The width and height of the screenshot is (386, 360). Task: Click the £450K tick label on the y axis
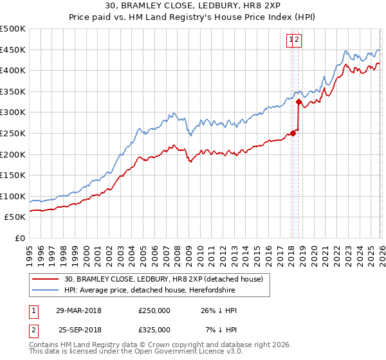(13, 50)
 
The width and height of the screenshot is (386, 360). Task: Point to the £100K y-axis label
(13, 196)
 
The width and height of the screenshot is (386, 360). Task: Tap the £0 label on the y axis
(19, 238)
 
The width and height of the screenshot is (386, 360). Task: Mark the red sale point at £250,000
(293, 133)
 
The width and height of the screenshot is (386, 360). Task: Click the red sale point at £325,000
(299, 102)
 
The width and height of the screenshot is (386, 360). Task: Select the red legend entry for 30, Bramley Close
(163, 279)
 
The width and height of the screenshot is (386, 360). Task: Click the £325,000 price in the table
(154, 329)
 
